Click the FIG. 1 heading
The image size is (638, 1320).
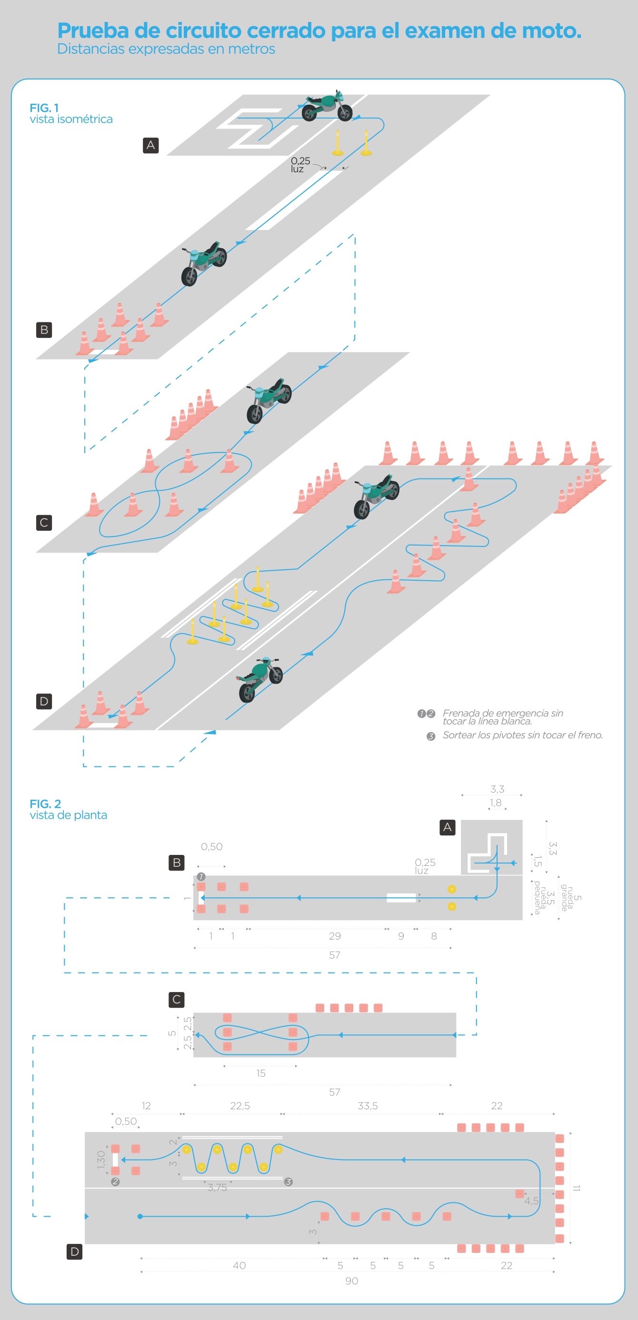tap(45, 108)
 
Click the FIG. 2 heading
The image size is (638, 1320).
tap(45, 804)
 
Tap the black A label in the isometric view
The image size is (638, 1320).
tap(150, 145)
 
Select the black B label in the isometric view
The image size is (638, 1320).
tap(44, 329)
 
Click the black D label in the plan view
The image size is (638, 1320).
tap(74, 1251)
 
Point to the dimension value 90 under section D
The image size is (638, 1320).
tap(351, 1281)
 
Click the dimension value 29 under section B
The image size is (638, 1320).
tap(335, 936)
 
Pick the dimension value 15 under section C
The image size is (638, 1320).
tap(261, 1072)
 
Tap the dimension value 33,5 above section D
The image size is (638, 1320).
tap(368, 1105)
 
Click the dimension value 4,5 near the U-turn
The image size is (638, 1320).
tap(531, 1201)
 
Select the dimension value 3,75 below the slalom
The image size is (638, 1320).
tap(217, 1187)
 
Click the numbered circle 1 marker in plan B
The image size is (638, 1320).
tap(201, 877)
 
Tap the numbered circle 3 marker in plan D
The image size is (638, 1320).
tap(289, 1181)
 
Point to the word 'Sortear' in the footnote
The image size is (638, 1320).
tap(459, 735)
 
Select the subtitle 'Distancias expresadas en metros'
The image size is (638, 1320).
tap(166, 49)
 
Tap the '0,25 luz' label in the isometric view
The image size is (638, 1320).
tap(300, 165)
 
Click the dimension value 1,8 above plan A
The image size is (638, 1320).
tap(496, 803)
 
